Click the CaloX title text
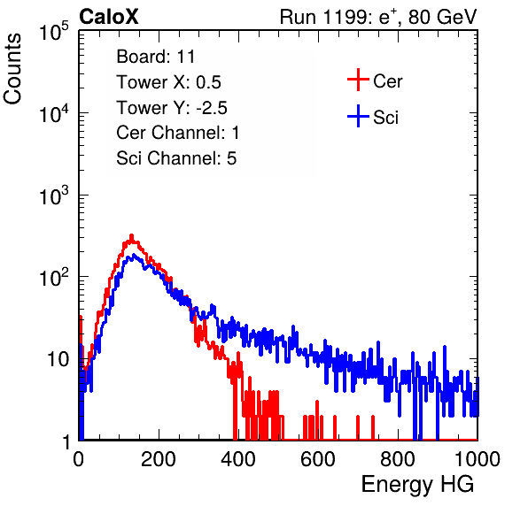pyautogui.click(x=109, y=17)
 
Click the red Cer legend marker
pyautogui.click(x=358, y=80)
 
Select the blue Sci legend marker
pyautogui.click(x=358, y=117)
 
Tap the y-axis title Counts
pyautogui.click(x=12, y=69)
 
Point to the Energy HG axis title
pyautogui.click(x=417, y=485)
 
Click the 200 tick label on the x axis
pyautogui.click(x=159, y=459)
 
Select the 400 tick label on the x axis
pyautogui.click(x=238, y=459)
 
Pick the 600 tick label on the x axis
pyautogui.click(x=318, y=459)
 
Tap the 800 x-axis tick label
pyautogui.click(x=398, y=459)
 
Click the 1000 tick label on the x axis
pyautogui.click(x=478, y=459)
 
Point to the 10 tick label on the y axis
pyautogui.click(x=58, y=359)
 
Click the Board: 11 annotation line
pyautogui.click(x=156, y=57)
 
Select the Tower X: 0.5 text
pyautogui.click(x=168, y=82)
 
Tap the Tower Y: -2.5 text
pyautogui.click(x=172, y=108)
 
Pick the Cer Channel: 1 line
pyautogui.click(x=178, y=133)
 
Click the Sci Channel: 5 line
pyautogui.click(x=176, y=158)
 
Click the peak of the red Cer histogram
pyautogui.click(x=132, y=235)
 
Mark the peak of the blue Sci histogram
pyautogui.click(x=134, y=255)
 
